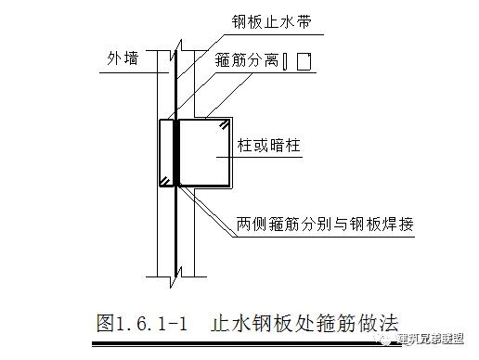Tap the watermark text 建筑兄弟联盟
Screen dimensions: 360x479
coord(437,340)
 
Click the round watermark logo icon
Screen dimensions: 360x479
coord(391,339)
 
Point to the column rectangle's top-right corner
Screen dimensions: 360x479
coord(232,119)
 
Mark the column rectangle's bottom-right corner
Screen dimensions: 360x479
coord(232,186)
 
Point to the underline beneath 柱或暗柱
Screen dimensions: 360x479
coord(265,159)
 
